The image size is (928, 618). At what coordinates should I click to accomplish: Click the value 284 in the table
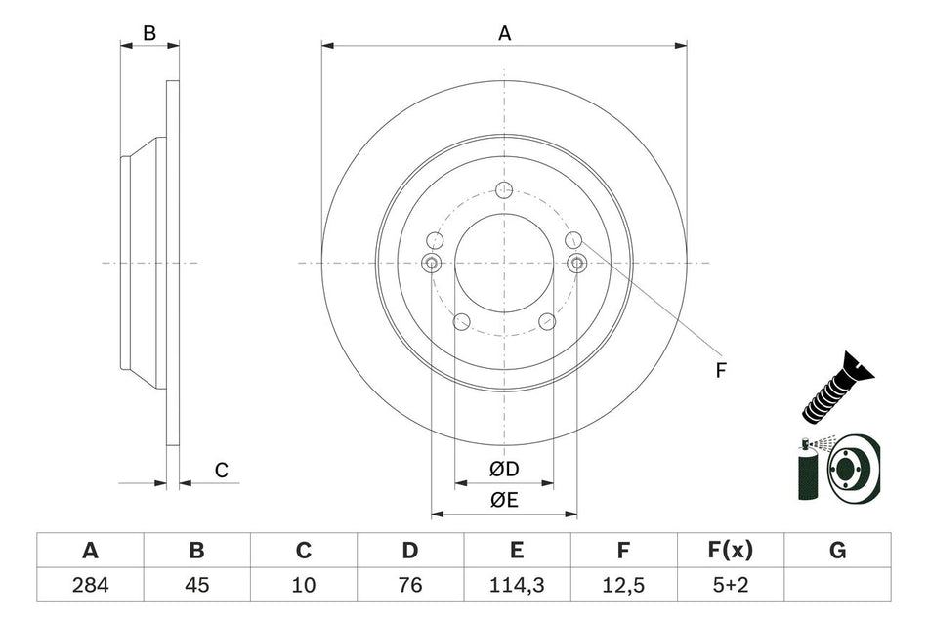click(90, 586)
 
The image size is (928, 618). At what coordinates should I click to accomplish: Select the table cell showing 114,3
click(517, 586)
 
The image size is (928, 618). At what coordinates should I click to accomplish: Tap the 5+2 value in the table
click(731, 586)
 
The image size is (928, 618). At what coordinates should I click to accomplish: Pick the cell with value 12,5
click(623, 586)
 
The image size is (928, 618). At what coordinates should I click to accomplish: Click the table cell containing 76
click(410, 586)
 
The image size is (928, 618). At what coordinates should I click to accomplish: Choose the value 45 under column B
click(196, 586)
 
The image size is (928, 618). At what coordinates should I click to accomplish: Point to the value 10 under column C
click(304, 586)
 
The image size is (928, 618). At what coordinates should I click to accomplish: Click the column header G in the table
click(837, 551)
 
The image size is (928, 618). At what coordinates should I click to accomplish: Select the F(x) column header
click(731, 551)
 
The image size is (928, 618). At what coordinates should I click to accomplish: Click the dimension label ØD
click(504, 470)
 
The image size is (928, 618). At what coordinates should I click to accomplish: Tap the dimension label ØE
click(504, 500)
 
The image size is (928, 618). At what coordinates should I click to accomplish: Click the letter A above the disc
click(505, 33)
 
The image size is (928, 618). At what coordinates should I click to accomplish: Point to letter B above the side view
click(149, 33)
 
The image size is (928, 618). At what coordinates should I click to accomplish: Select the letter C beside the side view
click(222, 471)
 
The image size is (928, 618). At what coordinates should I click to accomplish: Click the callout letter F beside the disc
click(720, 369)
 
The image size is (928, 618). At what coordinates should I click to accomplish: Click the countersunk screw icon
click(836, 388)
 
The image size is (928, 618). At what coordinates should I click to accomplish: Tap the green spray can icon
click(809, 471)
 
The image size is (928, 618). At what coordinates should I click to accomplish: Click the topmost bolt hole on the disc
click(504, 189)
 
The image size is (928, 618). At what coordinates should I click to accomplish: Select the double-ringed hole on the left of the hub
click(431, 263)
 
